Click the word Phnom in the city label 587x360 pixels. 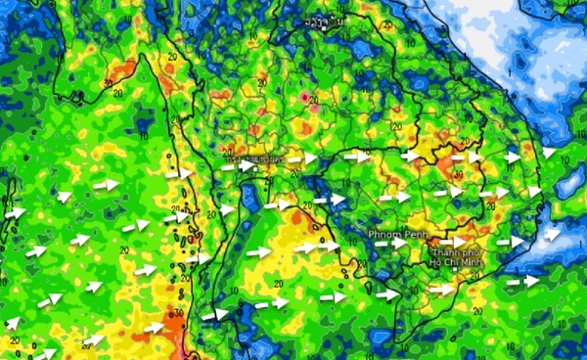(x=384, y=236)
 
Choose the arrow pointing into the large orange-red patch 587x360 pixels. (x=154, y=327)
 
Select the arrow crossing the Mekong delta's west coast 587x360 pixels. (x=388, y=292)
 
